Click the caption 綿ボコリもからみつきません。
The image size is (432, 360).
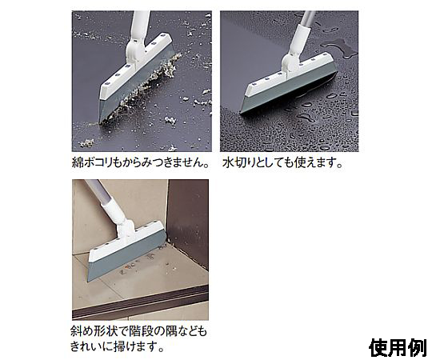tap(140, 162)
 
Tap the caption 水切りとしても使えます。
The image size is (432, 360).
tap(282, 162)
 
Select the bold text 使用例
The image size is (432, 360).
tap(398, 348)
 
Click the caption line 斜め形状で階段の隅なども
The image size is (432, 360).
tap(138, 331)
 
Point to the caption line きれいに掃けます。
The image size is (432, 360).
tap(117, 346)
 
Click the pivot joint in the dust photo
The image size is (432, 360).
tap(134, 50)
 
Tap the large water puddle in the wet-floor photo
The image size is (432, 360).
tap(340, 47)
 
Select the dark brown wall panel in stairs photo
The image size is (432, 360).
tap(187, 220)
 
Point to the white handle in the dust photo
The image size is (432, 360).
tap(140, 26)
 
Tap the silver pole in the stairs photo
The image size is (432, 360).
tap(97, 190)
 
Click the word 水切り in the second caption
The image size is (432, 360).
tap(239, 162)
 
